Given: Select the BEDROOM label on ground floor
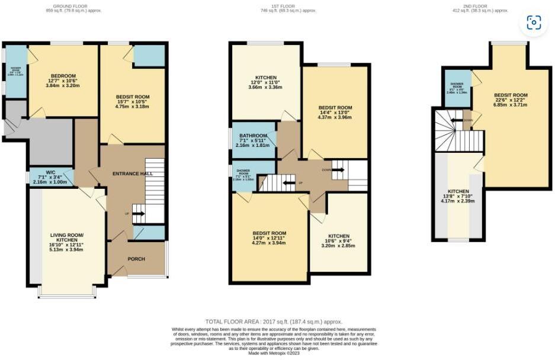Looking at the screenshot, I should coord(63,76).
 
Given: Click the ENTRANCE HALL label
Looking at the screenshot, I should coord(133,173).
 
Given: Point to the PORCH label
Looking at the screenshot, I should coord(136,259).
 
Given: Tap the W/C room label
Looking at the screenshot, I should coord(50,173).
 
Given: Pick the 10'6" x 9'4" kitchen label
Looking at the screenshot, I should coord(338,236).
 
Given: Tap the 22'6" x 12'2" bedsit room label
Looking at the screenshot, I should coord(511,95).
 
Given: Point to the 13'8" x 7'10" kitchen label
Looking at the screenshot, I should coord(458,192).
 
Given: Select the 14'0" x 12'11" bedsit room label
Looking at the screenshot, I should coord(269,233).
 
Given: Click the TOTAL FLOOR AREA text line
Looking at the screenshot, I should coord(274,322).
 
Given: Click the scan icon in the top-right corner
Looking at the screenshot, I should coord(534,23).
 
